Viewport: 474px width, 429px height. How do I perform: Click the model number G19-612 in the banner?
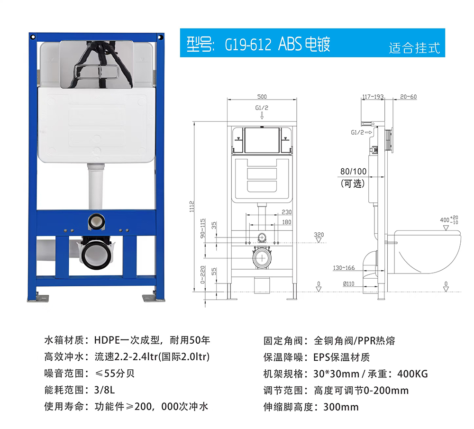pos(248,44)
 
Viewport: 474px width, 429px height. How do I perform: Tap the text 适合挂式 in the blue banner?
pos(414,48)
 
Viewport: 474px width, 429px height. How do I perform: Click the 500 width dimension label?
pos(262,96)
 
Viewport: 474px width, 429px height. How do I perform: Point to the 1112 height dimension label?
pos(191,207)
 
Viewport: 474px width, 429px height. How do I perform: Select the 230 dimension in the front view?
pos(287,212)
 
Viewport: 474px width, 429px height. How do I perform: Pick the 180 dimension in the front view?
pos(287,222)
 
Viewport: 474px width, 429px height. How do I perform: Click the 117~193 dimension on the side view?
pos(373,97)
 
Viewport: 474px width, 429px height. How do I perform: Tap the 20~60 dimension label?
pos(409,97)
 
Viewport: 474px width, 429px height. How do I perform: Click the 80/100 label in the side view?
pos(353,172)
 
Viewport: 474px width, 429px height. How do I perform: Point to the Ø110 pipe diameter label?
pos(348,283)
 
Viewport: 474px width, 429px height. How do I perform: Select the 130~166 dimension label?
pos(344,268)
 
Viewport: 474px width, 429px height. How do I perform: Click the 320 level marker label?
pos(319,235)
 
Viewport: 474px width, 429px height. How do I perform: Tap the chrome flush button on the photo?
pos(96,72)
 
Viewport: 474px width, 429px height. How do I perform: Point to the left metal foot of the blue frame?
pos(38,298)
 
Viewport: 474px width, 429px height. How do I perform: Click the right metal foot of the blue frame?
pos(154,298)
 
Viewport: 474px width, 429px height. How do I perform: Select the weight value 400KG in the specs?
pos(412,374)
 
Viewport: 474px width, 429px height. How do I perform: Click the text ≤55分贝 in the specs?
pos(115,374)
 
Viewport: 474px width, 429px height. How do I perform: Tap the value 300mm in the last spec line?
pos(341,407)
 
